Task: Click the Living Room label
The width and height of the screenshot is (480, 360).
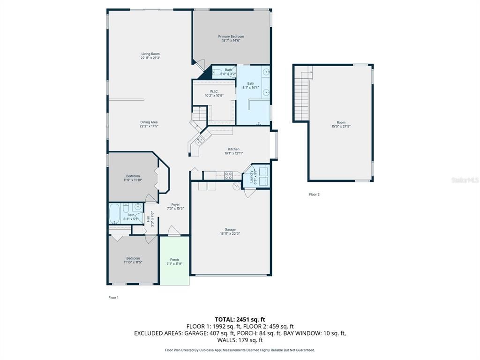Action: [150, 54]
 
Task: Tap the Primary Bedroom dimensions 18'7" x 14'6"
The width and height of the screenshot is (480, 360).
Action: [231, 41]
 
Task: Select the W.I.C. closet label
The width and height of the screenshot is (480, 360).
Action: [214, 91]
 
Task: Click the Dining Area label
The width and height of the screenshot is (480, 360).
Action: [149, 122]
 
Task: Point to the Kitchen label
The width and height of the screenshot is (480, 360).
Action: [233, 149]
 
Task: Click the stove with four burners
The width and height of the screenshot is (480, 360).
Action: [228, 176]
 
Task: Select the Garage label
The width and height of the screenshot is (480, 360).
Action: [230, 230]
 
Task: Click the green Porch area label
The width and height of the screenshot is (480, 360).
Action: [174, 260]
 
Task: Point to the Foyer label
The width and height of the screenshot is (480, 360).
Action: [175, 204]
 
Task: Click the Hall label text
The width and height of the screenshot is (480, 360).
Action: [149, 218]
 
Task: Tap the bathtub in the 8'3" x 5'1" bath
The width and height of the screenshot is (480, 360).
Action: [114, 214]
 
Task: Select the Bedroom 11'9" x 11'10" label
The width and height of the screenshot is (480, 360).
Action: [133, 176]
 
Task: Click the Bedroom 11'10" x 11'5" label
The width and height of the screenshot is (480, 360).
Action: [133, 258]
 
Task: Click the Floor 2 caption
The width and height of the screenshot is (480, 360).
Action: [314, 194]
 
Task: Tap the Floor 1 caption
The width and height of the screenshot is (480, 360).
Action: [113, 297]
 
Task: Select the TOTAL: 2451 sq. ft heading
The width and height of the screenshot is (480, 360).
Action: [240, 319]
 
